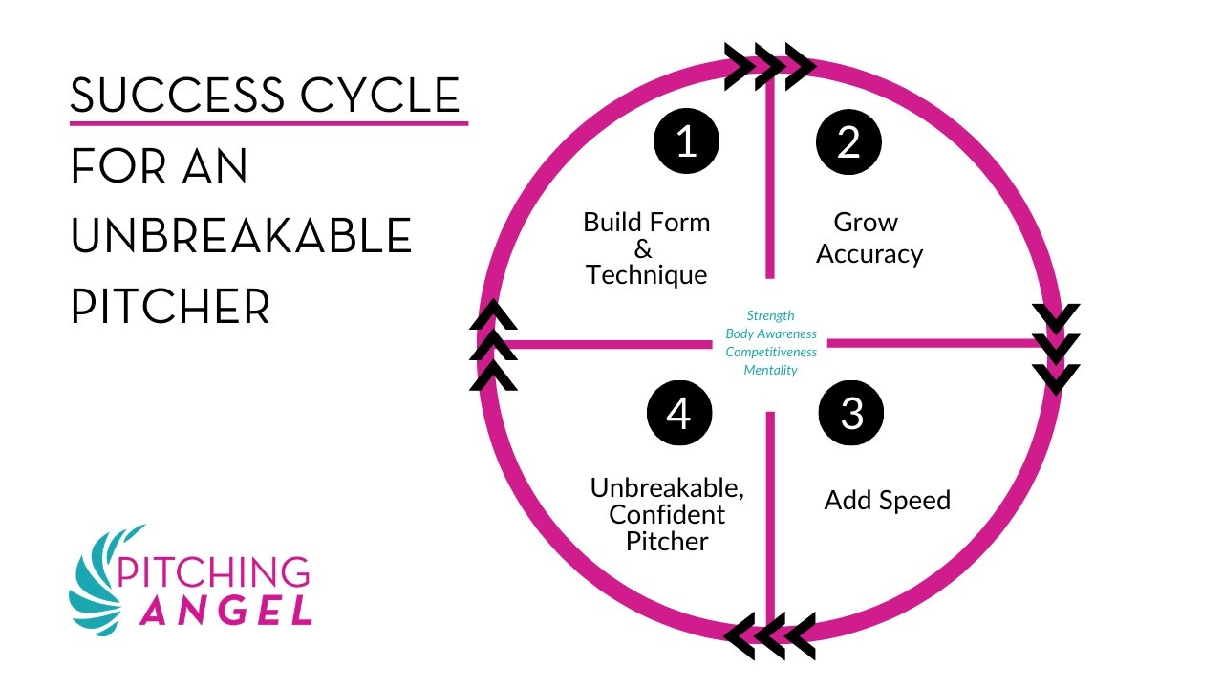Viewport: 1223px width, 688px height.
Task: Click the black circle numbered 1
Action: click(x=686, y=142)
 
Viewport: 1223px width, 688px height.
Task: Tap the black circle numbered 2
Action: click(x=848, y=142)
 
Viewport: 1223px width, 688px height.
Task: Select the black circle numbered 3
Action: click(x=851, y=414)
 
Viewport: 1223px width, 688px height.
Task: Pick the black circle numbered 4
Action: click(x=678, y=414)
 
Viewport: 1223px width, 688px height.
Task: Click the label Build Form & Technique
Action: click(x=647, y=248)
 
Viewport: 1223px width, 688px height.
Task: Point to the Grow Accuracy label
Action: click(x=869, y=238)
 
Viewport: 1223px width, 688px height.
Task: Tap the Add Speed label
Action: click(x=887, y=501)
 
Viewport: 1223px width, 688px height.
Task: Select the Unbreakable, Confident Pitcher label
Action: click(x=667, y=514)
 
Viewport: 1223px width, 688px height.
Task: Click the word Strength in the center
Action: click(x=770, y=315)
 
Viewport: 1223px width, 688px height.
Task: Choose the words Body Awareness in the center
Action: click(x=771, y=333)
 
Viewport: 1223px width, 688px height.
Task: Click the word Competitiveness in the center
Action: click(x=771, y=352)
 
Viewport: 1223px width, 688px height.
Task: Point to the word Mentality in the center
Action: click(x=770, y=370)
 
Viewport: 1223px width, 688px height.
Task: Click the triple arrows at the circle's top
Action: click(x=769, y=67)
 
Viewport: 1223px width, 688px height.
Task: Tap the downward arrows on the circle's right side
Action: click(x=1057, y=348)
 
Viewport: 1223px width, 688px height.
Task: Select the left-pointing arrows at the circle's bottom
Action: click(x=770, y=633)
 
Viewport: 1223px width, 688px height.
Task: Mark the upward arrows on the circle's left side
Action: click(x=493, y=345)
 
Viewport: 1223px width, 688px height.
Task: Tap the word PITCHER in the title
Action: click(x=171, y=306)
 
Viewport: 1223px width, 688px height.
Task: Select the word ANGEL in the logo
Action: click(x=226, y=609)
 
